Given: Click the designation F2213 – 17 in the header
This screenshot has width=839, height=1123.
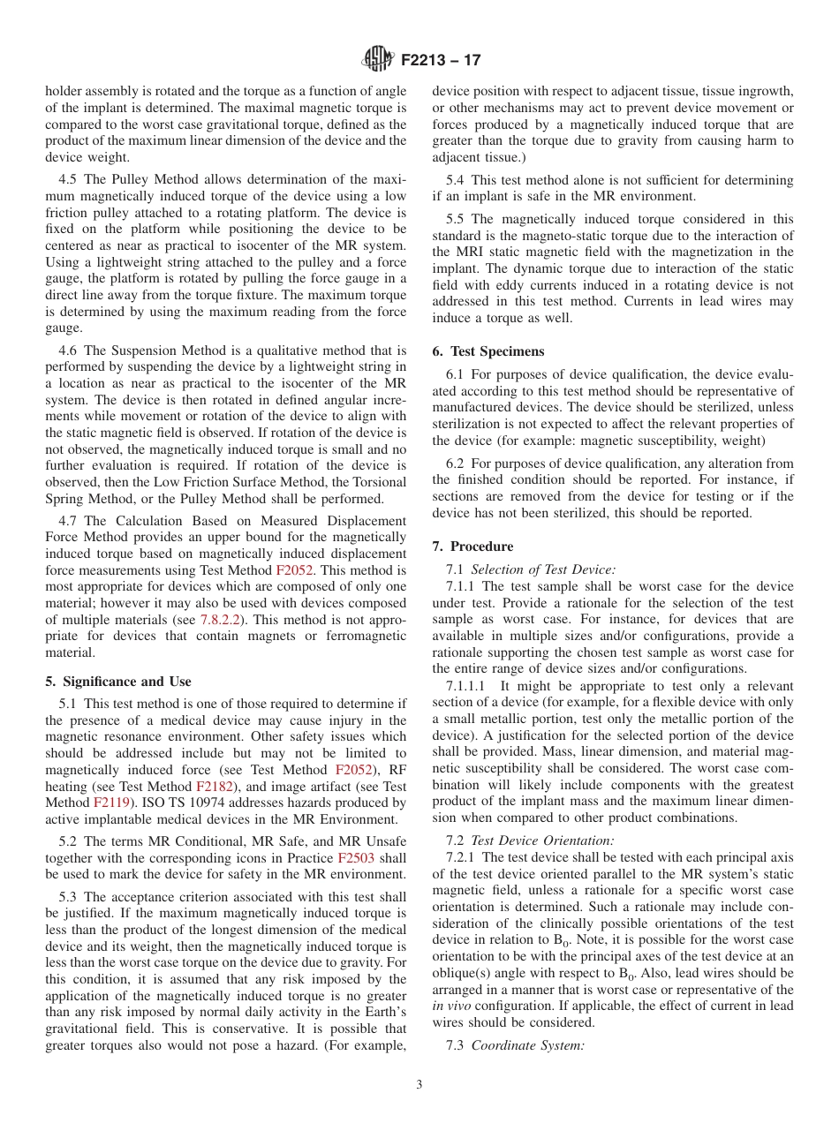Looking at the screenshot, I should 441,61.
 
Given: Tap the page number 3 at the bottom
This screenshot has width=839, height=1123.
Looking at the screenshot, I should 419,1085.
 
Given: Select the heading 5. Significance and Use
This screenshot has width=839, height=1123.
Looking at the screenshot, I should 117,682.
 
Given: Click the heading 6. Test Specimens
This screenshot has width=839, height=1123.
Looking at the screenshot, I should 488,350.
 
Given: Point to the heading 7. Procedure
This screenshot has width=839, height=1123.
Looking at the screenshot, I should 472,546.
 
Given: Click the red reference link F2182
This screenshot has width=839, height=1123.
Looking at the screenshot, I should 213,787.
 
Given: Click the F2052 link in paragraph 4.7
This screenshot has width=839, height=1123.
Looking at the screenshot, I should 294,571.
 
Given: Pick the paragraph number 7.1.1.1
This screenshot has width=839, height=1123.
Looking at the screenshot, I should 470,686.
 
